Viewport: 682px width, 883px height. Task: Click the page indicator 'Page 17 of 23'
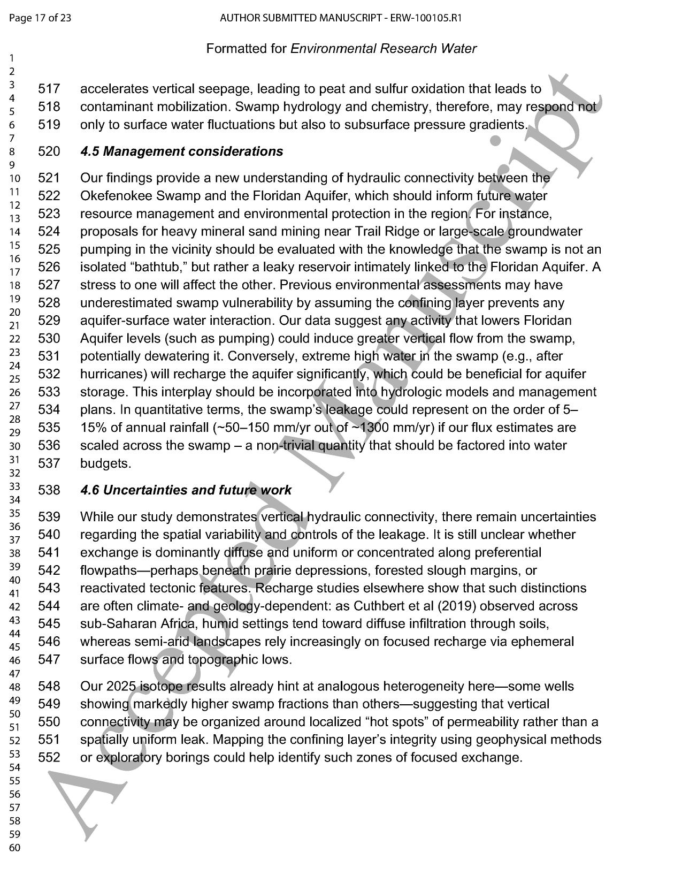point(40,18)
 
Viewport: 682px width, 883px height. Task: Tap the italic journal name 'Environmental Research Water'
point(383,49)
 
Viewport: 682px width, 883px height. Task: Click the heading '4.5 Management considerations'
point(181,151)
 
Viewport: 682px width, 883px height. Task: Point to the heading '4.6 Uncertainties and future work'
point(186,490)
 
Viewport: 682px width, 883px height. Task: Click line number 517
point(49,89)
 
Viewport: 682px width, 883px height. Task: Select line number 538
point(49,490)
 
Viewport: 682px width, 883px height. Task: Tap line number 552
point(49,758)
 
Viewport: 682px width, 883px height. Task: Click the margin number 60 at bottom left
point(15,848)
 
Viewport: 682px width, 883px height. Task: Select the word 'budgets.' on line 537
point(105,463)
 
